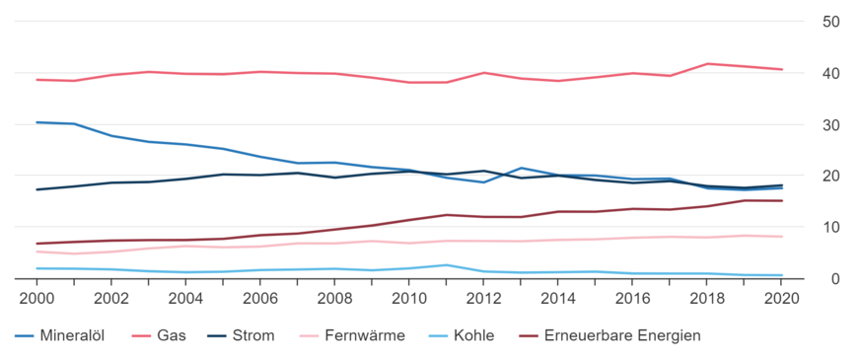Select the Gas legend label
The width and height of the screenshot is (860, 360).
[x=172, y=335]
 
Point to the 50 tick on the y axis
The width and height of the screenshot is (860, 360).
[x=831, y=22]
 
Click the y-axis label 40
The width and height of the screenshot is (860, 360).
[x=831, y=74]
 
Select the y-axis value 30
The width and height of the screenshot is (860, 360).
[x=831, y=125]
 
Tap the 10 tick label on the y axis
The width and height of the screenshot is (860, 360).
[x=831, y=228]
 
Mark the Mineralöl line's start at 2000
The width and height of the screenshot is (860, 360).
[x=36, y=122]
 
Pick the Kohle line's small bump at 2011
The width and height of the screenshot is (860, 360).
[x=447, y=264]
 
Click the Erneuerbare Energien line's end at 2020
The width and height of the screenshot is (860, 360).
[x=782, y=201]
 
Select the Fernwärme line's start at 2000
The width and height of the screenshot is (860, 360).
[x=36, y=252]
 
